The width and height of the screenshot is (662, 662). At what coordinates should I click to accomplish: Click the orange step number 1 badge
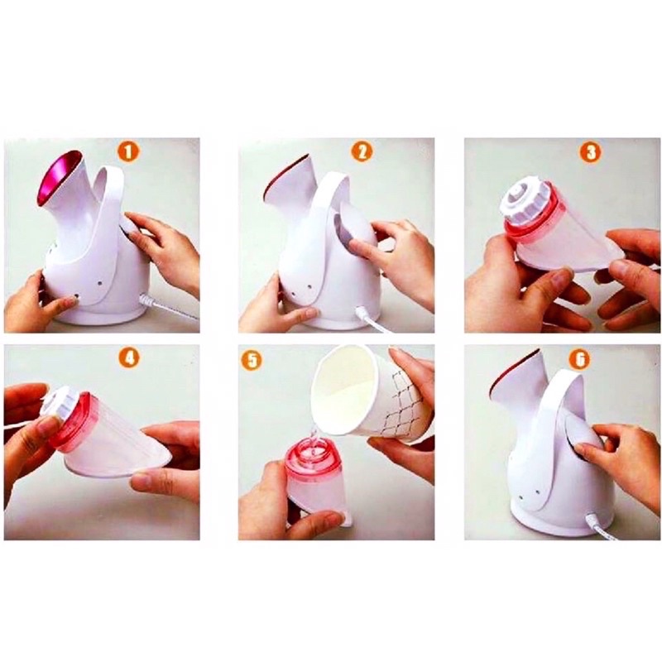coord(128,151)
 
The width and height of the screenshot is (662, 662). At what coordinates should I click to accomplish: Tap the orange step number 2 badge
coord(362,151)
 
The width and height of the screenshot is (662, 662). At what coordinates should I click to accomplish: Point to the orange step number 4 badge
coord(130,358)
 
